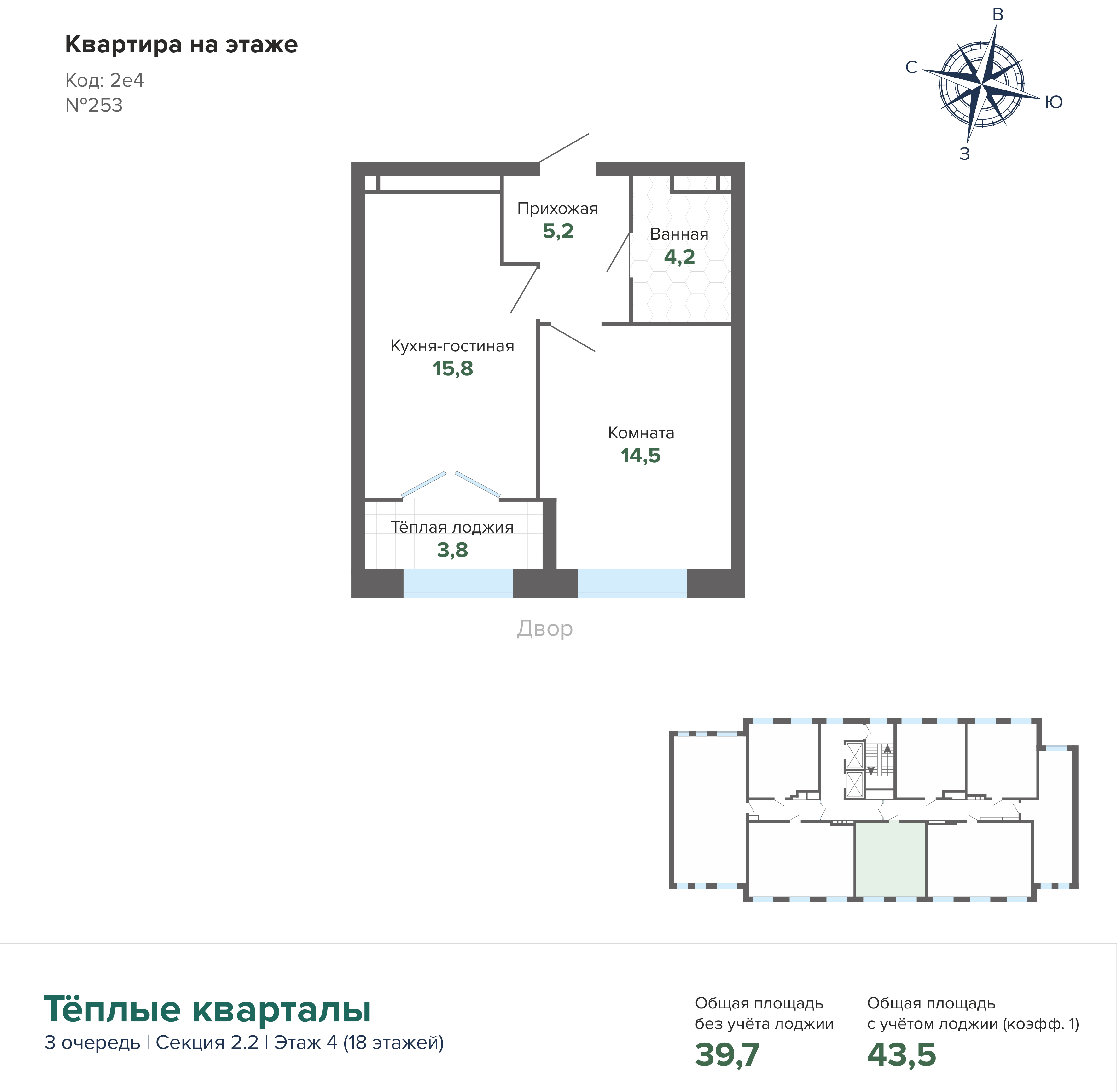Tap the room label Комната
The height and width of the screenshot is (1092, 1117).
641,433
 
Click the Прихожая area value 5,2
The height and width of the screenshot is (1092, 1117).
558,231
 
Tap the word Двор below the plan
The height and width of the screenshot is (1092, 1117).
544,629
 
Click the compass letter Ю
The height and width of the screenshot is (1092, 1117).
1053,102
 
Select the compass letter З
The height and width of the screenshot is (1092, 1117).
964,154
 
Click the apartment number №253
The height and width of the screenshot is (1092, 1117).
94,105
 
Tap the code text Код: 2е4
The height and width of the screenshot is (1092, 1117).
104,80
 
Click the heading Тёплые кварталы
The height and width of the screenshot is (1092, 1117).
207,1009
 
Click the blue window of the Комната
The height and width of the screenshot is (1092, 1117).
632,583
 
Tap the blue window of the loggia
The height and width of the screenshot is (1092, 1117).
458,583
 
